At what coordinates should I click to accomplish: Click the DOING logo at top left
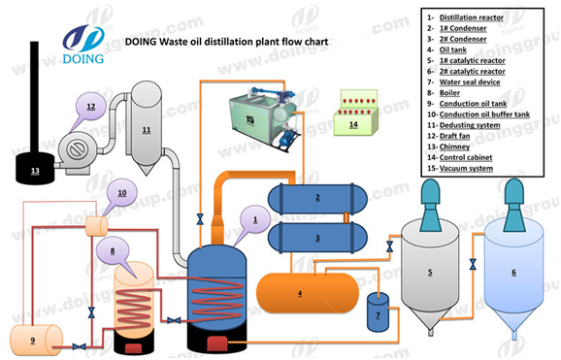[83, 45]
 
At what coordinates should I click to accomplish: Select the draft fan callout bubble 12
[91, 107]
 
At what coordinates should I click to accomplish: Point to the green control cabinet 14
[355, 113]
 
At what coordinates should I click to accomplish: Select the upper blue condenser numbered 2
[317, 198]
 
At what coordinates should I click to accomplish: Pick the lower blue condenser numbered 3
[317, 238]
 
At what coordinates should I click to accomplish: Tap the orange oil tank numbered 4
[308, 293]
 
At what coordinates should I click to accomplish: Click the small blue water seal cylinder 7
[378, 312]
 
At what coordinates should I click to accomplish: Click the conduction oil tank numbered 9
[36, 340]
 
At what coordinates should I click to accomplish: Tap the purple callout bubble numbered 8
[113, 252]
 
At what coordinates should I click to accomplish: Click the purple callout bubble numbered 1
[254, 220]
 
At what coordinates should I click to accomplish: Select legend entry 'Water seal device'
[470, 82]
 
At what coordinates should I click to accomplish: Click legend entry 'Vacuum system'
[466, 168]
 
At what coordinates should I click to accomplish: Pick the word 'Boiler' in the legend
[449, 93]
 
